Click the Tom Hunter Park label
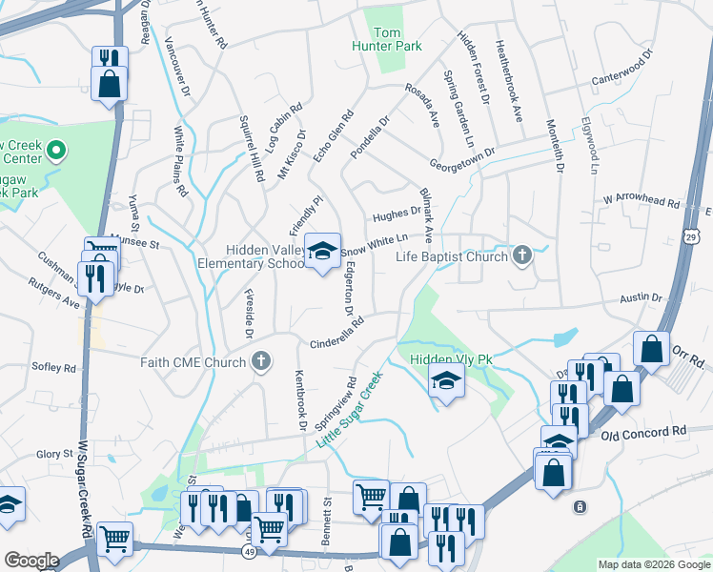[x=398, y=39]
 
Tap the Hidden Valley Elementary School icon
[x=322, y=252]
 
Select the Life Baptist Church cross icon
[x=521, y=255]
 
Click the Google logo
[x=31, y=560]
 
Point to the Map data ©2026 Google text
[x=654, y=564]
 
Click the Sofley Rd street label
[x=53, y=367]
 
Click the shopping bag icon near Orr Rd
[x=651, y=350]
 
